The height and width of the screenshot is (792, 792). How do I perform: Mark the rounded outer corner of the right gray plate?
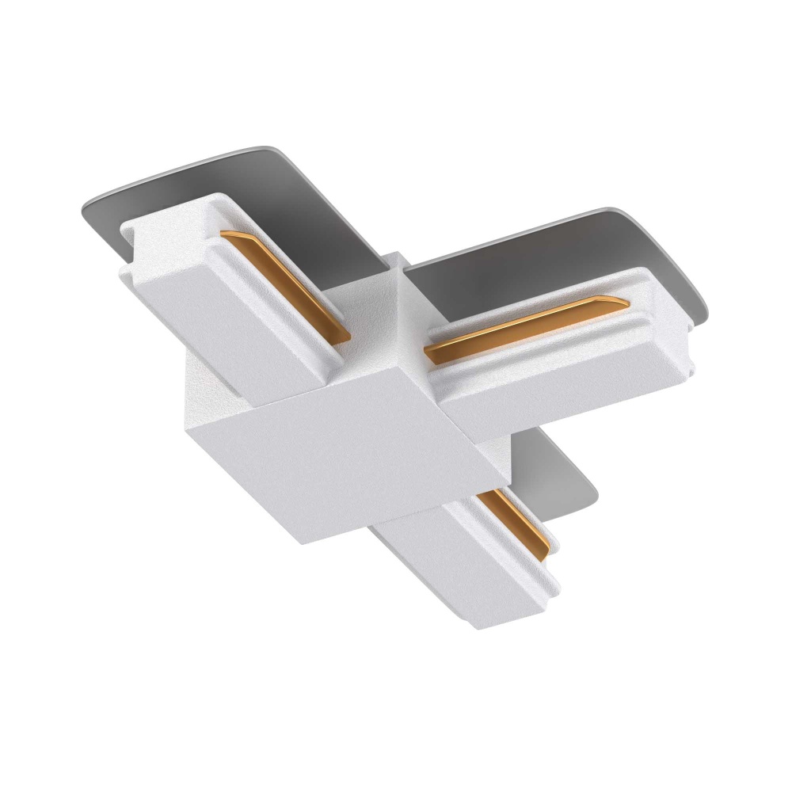coord(701,238)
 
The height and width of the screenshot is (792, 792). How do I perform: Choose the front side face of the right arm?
coord(554,396)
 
